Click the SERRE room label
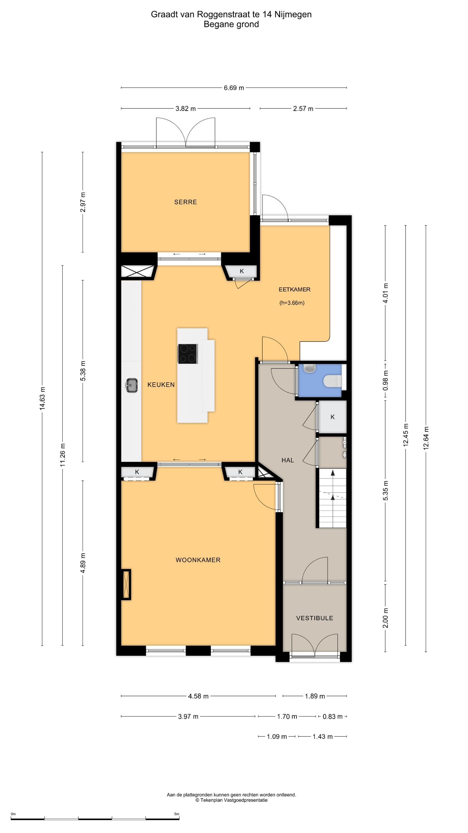click(x=185, y=202)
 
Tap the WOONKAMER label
click(x=198, y=560)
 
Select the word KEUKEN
click(x=161, y=385)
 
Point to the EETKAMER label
click(x=294, y=289)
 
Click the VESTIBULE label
click(x=315, y=618)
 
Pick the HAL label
click(x=288, y=460)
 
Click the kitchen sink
click(x=131, y=385)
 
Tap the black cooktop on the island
click(x=188, y=354)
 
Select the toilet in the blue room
click(x=332, y=381)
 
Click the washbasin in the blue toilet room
click(x=310, y=368)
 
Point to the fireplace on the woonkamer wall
click(x=126, y=584)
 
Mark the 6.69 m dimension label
click(x=234, y=88)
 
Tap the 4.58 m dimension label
click(x=198, y=696)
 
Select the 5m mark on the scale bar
click(x=177, y=814)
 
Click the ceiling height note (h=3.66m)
click(x=292, y=303)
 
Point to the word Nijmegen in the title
click(x=293, y=14)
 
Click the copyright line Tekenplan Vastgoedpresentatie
click(x=231, y=800)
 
